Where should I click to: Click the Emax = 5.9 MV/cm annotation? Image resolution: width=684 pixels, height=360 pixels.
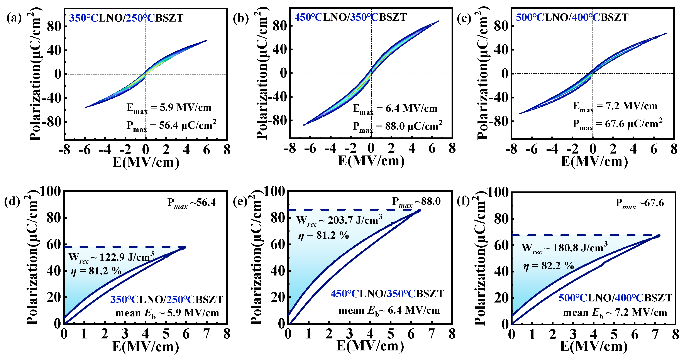169,108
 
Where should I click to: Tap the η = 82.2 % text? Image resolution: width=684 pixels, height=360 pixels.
548,265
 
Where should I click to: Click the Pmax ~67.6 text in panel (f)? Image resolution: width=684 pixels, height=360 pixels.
639,203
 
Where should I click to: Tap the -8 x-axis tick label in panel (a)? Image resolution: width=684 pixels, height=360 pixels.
64,150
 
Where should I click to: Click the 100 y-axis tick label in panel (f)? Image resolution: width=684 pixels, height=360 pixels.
498,192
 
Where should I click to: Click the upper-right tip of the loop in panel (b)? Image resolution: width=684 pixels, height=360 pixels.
438,21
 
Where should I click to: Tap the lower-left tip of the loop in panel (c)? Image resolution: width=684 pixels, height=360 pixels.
520,114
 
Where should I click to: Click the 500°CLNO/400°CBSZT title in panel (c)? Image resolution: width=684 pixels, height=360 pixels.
572,17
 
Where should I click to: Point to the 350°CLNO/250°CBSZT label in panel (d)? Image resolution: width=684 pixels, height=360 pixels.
166,299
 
